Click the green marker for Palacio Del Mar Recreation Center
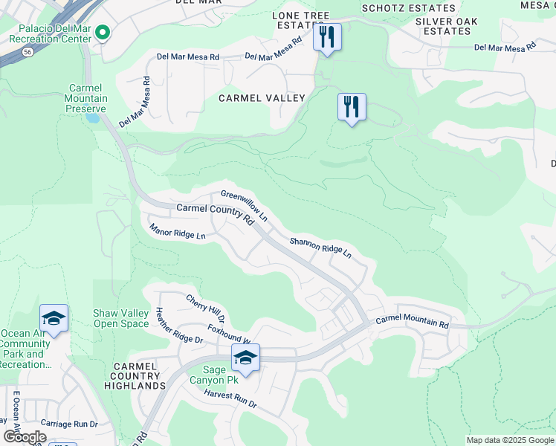(x=103, y=33)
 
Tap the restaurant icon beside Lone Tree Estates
(x=327, y=37)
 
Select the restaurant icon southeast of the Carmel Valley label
(x=352, y=107)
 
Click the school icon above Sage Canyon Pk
(x=245, y=358)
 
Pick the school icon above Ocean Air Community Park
(x=54, y=318)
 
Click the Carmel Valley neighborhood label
(x=261, y=98)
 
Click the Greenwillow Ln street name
(x=243, y=207)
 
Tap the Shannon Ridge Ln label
(x=320, y=247)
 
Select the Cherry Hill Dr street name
(x=205, y=307)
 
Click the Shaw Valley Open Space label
(x=120, y=319)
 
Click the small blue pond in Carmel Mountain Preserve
(x=93, y=117)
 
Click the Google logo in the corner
(x=25, y=436)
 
